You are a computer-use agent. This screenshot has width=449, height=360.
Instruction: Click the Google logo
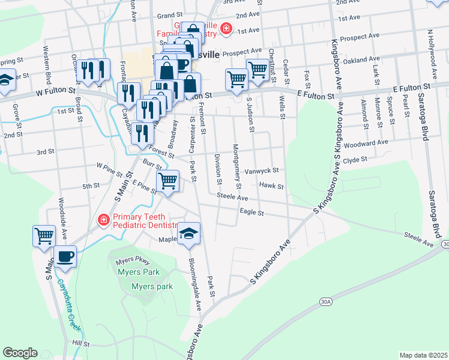tap(20, 353)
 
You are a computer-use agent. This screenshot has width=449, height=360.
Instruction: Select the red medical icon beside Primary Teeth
tap(104, 220)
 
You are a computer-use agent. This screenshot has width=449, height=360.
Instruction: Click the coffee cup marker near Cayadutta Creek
tap(65, 257)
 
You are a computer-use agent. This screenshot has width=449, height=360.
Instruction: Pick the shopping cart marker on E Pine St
tap(167, 180)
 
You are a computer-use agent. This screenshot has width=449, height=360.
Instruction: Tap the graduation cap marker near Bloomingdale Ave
tap(189, 233)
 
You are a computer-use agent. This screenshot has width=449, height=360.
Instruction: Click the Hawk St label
tap(271, 186)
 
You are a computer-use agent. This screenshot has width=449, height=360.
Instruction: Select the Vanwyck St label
tap(262, 170)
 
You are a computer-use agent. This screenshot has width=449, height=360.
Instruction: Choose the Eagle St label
tap(252, 212)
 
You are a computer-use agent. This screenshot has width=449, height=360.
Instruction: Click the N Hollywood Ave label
tap(430, 53)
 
